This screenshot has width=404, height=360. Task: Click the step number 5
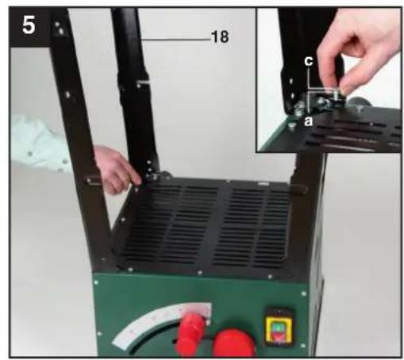pyautogui.click(x=29, y=25)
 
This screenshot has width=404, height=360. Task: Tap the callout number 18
pyautogui.click(x=220, y=36)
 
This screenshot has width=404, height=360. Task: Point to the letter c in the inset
pyautogui.click(x=309, y=61)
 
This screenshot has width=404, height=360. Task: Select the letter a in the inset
pyautogui.click(x=308, y=121)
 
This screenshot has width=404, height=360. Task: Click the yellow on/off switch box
pyautogui.click(x=279, y=328)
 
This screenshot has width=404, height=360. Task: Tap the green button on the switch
pyautogui.click(x=278, y=327)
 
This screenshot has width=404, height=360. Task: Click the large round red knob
pyautogui.click(x=234, y=343)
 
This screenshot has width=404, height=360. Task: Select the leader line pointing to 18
pyautogui.click(x=175, y=40)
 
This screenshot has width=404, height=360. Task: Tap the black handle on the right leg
pyautogui.click(x=299, y=190)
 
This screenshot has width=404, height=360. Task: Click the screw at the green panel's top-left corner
pyautogui.click(x=96, y=282)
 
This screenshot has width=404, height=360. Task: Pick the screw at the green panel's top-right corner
pyautogui.click(x=304, y=293)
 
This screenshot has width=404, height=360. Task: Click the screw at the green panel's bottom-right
pyautogui.click(x=303, y=346)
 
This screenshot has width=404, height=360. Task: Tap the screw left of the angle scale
pyautogui.click(x=99, y=334)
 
